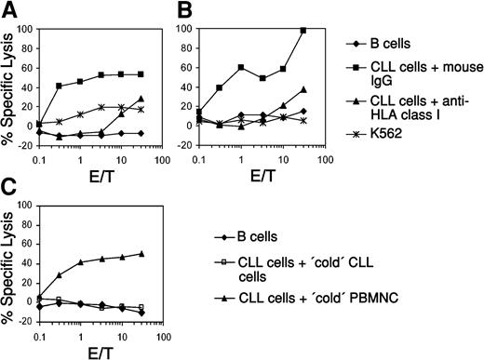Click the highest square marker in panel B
coord(302,31)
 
